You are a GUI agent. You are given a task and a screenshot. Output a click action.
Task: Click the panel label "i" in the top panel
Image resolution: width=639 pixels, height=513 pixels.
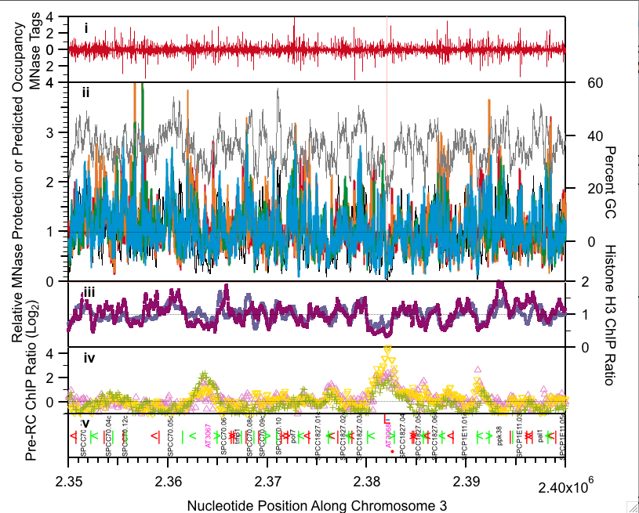click(x=86, y=29)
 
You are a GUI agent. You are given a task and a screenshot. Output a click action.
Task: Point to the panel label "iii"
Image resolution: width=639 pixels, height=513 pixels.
click(x=89, y=292)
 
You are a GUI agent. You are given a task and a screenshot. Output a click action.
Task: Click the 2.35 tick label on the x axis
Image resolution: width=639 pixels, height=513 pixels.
click(x=69, y=479)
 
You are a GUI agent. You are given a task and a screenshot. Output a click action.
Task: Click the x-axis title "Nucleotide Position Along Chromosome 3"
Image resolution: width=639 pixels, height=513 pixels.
click(x=317, y=505)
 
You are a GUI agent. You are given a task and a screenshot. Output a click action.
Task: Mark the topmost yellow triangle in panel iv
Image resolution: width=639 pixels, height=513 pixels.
click(x=387, y=349)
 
